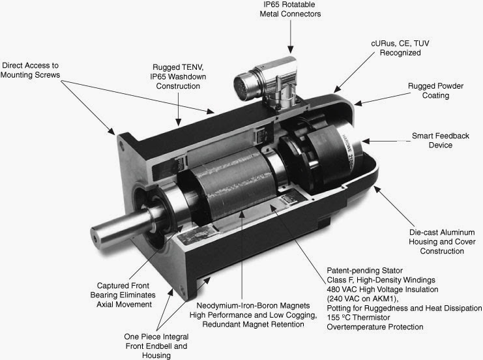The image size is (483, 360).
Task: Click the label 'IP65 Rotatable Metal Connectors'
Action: (x=290, y=9)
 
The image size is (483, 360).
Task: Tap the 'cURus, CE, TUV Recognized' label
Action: (x=400, y=48)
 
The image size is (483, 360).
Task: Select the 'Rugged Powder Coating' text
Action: (x=435, y=91)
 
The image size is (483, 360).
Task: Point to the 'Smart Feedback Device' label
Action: (x=441, y=140)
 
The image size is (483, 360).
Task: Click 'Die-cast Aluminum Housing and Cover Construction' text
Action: (x=442, y=242)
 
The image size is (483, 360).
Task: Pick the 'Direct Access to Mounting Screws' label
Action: (x=30, y=70)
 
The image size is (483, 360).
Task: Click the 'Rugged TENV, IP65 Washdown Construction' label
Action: (x=178, y=76)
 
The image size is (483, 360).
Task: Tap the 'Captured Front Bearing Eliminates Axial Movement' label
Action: (x=123, y=295)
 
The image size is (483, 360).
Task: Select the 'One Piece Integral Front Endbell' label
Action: (x=156, y=341)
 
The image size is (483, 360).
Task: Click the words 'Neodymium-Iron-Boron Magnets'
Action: (x=253, y=306)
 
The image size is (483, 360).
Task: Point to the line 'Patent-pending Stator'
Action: (x=365, y=271)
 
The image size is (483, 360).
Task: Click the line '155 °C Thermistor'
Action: (x=359, y=318)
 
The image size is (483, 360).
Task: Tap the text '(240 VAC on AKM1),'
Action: (x=362, y=299)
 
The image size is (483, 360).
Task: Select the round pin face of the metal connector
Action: (x=242, y=85)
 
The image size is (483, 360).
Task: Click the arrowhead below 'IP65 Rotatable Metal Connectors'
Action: (x=290, y=50)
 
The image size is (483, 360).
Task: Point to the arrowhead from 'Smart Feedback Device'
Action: (x=366, y=141)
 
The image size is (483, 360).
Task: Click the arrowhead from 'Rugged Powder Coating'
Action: (x=358, y=103)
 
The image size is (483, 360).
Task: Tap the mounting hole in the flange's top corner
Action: (x=123, y=145)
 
